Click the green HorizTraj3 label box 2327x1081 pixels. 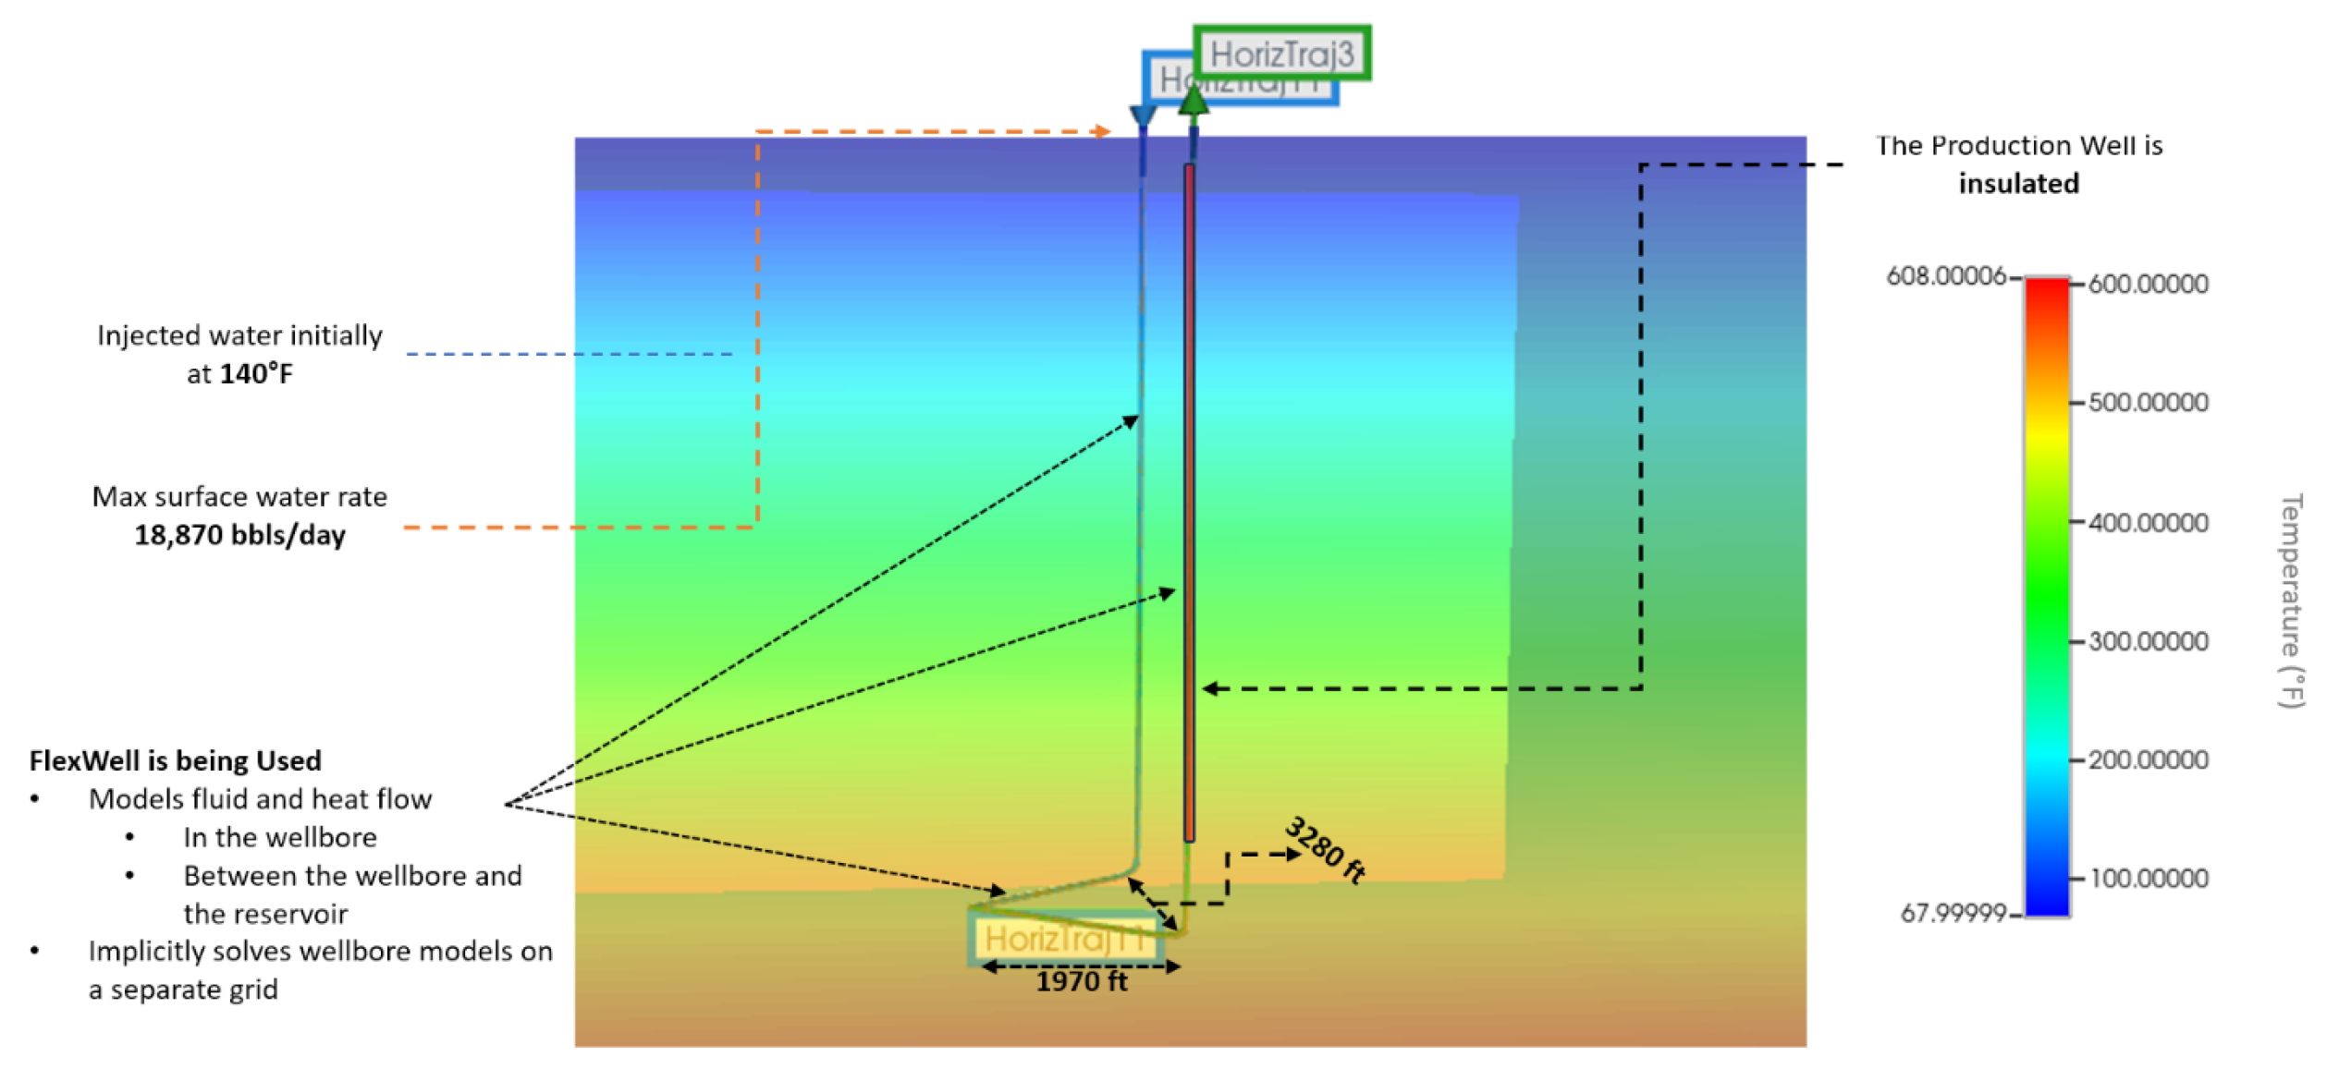(1281, 54)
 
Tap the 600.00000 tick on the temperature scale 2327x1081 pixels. (2148, 284)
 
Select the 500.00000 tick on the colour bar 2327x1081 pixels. (2148, 403)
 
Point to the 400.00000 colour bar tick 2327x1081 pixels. (2148, 523)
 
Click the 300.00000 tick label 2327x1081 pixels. (2148, 641)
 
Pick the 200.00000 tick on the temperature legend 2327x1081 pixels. (2148, 760)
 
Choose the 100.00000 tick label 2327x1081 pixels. (2148, 879)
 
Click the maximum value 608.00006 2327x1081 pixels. (1945, 276)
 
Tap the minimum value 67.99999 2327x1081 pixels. (1953, 914)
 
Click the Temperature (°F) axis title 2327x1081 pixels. (2291, 601)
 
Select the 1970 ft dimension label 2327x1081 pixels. (1081, 982)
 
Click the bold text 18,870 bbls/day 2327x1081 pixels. (240, 535)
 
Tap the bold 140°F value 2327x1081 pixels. (256, 374)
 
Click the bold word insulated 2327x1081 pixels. (2018, 184)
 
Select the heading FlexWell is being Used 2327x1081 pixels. (176, 761)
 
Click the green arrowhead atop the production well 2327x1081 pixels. (1194, 98)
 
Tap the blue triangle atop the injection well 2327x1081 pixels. (1143, 116)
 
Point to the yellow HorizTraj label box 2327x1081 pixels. (1063, 939)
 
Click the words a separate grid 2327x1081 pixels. (183, 990)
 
